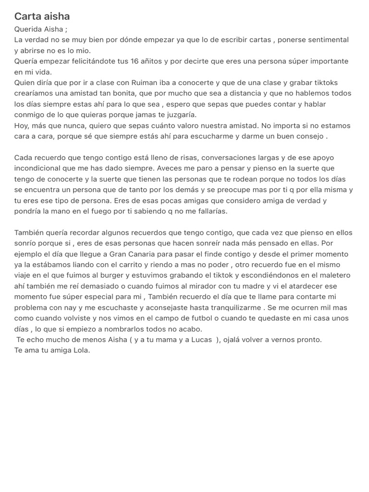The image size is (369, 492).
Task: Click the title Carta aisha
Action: coord(42,16)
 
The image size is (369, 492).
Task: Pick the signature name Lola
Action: coord(81,350)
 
